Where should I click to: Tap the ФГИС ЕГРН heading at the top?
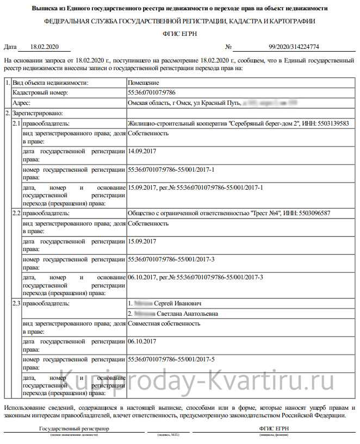pyautogui.click(x=179, y=34)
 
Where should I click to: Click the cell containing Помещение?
pyautogui.click(x=144, y=83)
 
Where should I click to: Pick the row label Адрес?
pyautogui.click(x=22, y=102)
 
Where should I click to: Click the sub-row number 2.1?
pyautogui.click(x=16, y=123)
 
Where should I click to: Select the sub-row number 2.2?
pyautogui.click(x=16, y=214)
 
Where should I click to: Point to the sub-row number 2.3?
pyautogui.click(x=16, y=303)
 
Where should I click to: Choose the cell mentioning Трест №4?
pyautogui.click(x=229, y=214)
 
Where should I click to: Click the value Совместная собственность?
pyautogui.click(x=164, y=324)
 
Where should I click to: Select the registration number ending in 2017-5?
pyautogui.click(x=171, y=360)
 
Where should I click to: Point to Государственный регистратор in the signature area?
pyautogui.click(x=74, y=428)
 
